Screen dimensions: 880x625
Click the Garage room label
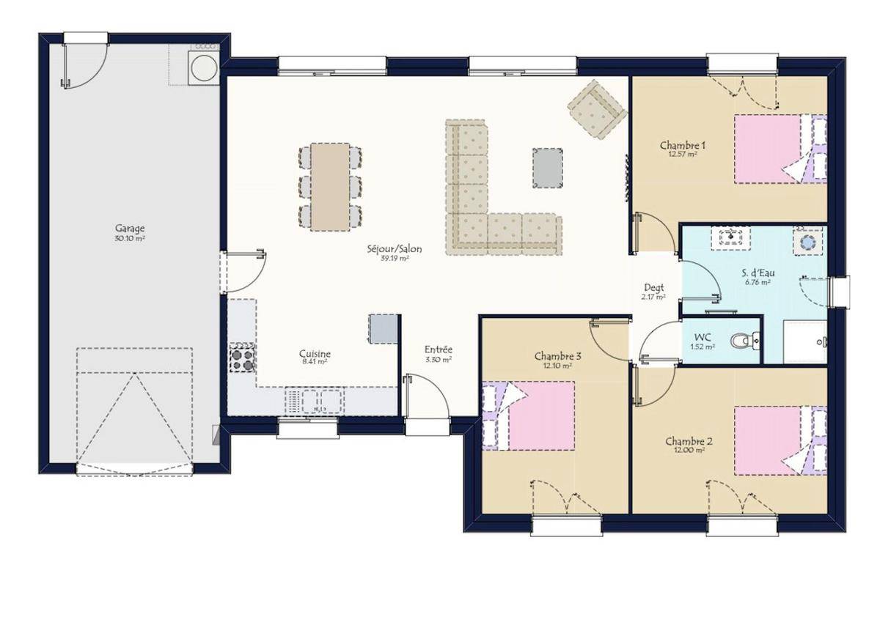pyautogui.click(x=130, y=229)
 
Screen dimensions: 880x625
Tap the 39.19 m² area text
pyautogui.click(x=395, y=259)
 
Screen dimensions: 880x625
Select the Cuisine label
pyautogui.click(x=315, y=353)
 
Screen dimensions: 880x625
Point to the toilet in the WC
pyautogui.click(x=745, y=340)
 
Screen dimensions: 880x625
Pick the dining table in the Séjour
pyautogui.click(x=330, y=187)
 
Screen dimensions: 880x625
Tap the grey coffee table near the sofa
pyautogui.click(x=547, y=168)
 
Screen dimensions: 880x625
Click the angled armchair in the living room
pyautogui.click(x=597, y=109)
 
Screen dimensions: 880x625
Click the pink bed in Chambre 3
pyautogui.click(x=538, y=415)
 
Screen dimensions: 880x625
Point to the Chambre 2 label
pyautogui.click(x=683, y=442)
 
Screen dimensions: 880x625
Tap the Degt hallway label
pyautogui.click(x=654, y=288)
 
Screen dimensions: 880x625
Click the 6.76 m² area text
pyautogui.click(x=758, y=282)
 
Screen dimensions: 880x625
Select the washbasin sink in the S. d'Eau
pyautogui.click(x=730, y=237)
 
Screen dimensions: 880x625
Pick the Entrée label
pyautogui.click(x=439, y=349)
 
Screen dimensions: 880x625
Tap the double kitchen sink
pyautogui.click(x=321, y=401)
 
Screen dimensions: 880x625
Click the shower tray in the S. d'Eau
pyautogui.click(x=805, y=341)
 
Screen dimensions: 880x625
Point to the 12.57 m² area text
pyautogui.click(x=683, y=155)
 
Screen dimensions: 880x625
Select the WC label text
pyautogui.click(x=703, y=337)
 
